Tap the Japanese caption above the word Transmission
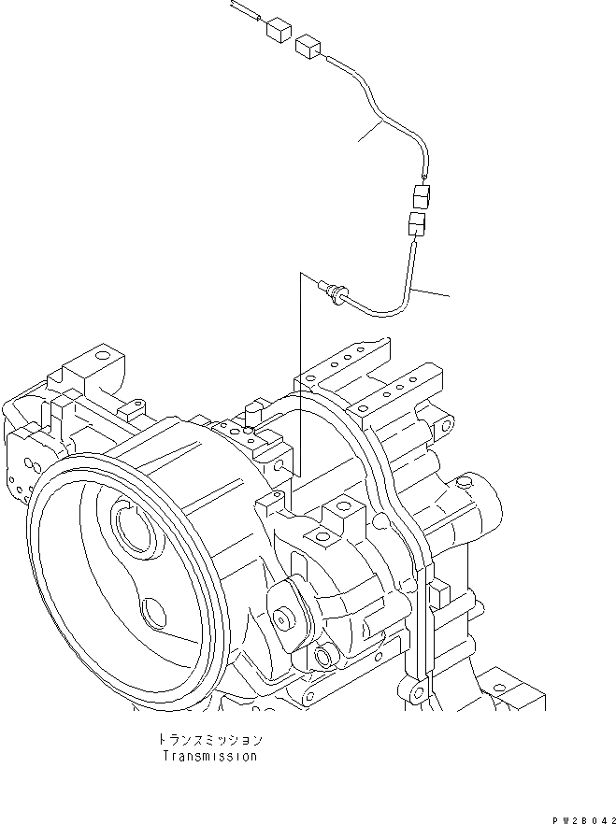(x=209, y=738)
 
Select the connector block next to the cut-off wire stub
(x=276, y=30)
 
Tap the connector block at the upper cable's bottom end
(x=421, y=197)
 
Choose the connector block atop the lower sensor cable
(x=416, y=224)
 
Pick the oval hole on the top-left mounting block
(x=102, y=356)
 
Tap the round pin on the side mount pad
(x=282, y=618)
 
